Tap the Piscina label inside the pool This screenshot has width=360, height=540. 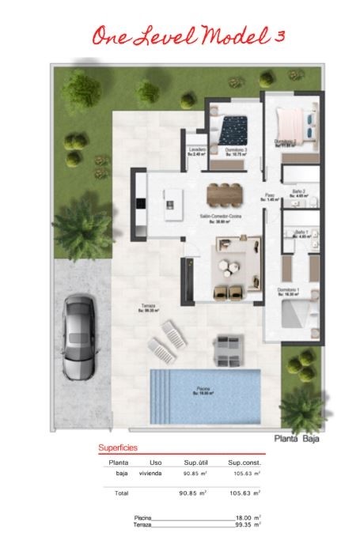pyautogui.click(x=203, y=390)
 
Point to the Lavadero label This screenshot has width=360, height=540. pyautogui.click(x=197, y=149)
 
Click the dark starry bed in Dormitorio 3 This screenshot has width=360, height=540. pyautogui.click(x=233, y=126)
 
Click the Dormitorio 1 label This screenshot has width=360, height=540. pyautogui.click(x=290, y=291)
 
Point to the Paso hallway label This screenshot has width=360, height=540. pyautogui.click(x=269, y=195)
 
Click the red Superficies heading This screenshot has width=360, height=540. pyautogui.click(x=117, y=447)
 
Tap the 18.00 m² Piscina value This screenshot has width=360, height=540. pyautogui.click(x=248, y=516)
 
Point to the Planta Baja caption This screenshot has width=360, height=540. pyautogui.click(x=296, y=438)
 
